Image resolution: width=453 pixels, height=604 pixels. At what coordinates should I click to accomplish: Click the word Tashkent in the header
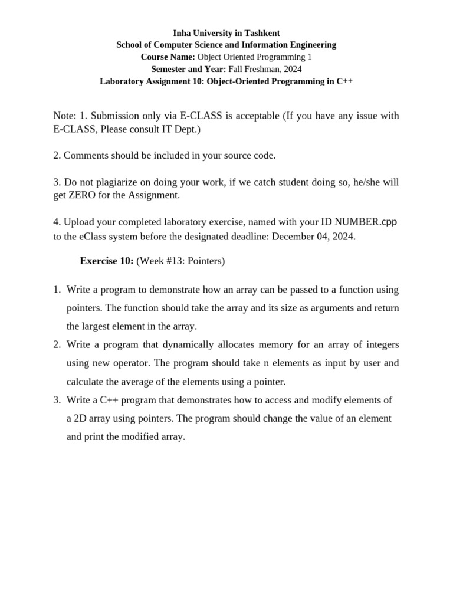(x=262, y=33)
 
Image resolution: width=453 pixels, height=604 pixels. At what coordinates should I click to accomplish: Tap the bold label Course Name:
(x=168, y=57)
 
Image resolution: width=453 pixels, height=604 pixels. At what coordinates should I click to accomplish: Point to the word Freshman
(x=261, y=69)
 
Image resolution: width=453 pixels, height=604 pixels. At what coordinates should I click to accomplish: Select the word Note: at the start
(x=65, y=116)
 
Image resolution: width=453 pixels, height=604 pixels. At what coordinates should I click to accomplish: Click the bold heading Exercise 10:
(x=107, y=261)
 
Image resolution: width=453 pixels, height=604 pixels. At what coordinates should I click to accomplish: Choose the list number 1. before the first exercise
(x=57, y=290)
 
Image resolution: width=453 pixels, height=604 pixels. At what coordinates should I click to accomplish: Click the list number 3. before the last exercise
(x=57, y=400)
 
